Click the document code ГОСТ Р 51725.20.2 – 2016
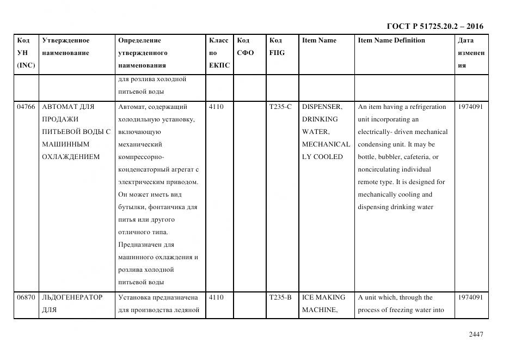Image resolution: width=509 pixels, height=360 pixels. point(434,26)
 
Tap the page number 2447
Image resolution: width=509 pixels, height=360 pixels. point(475,334)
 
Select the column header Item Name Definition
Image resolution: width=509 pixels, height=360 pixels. point(391,40)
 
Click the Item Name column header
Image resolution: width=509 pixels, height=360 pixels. point(319,40)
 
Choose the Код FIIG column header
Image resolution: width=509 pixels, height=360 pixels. point(277,46)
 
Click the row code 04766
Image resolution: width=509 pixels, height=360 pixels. point(26,107)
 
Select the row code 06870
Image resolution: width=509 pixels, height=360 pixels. point(26,297)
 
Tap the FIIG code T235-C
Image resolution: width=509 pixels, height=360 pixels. point(280,107)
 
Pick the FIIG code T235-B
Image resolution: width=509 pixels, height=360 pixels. point(280,297)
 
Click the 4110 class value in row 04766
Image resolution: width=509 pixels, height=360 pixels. point(216,107)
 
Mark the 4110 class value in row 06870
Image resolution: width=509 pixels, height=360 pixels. point(216,297)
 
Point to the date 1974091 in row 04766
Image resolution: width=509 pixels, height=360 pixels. point(470,107)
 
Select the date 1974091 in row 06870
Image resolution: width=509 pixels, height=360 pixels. point(470,297)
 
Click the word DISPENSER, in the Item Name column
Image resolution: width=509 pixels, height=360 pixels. point(322,107)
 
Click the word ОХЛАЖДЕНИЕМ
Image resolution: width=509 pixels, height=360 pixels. point(71,157)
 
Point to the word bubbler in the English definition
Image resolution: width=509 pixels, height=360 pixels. point(391,157)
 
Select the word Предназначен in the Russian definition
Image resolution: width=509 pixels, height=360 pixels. point(140,245)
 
